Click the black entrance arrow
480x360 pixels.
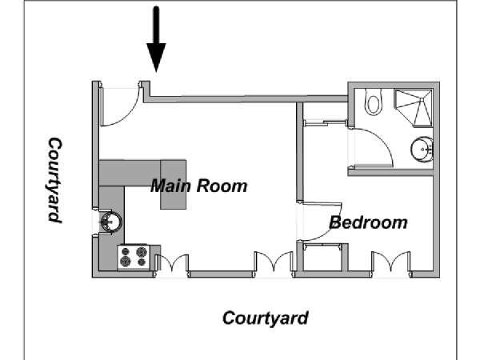tap(156, 39)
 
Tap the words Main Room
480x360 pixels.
tap(199, 186)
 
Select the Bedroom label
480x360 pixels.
tap(368, 222)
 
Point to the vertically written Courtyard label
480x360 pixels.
tap(55, 180)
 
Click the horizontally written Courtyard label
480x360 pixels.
tap(266, 318)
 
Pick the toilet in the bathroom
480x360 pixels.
tap(373, 102)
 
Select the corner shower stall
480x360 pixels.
tap(414, 108)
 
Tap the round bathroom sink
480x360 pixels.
tap(422, 150)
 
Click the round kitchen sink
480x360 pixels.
tap(111, 222)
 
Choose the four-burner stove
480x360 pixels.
tap(134, 257)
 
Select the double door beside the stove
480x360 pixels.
tap(172, 262)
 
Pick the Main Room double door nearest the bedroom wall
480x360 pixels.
tap(274, 261)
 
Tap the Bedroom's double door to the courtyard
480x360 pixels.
tap(391, 261)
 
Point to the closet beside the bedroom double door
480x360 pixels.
tap(322, 257)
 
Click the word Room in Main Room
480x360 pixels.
tap(222, 186)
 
